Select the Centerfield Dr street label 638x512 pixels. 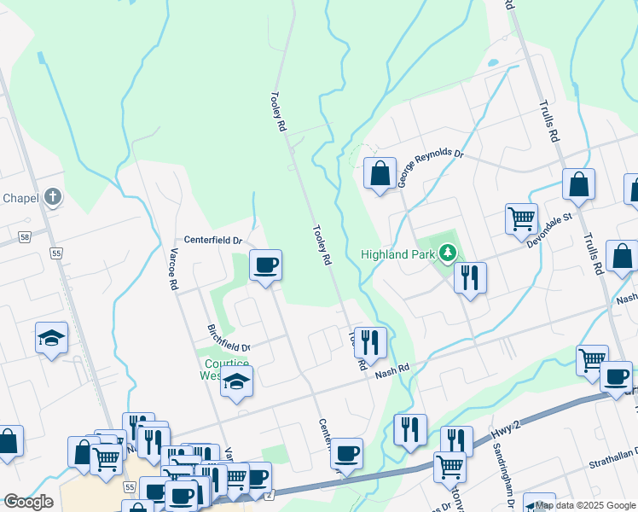pos(214,241)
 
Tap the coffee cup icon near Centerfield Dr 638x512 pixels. pos(266,265)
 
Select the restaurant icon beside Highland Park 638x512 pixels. pos(470,277)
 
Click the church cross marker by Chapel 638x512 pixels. pos(52,198)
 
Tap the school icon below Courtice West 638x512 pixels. pos(237,381)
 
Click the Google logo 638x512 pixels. pos(28,502)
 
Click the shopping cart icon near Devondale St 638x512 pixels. pos(520,218)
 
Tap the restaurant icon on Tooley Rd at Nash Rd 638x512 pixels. pos(370,342)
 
